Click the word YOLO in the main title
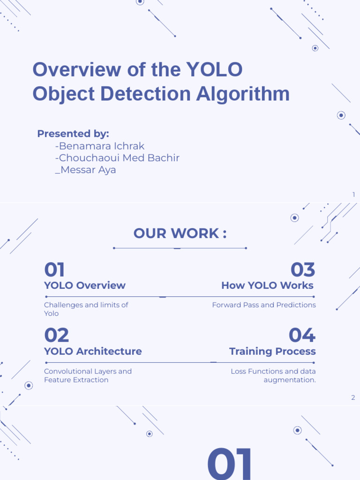tap(215, 70)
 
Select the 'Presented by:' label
tap(73, 134)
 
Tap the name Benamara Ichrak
tap(100, 146)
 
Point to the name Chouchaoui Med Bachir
tap(117, 158)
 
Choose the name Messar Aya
tap(85, 170)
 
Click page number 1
tap(353, 195)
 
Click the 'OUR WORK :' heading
tap(180, 233)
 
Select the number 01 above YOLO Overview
tap(54, 270)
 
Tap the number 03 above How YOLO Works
tap(303, 270)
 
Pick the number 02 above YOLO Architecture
tap(57, 336)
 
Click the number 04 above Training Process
tap(302, 336)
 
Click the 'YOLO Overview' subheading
tap(85, 285)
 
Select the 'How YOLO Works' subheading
tap(267, 285)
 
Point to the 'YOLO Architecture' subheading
tap(93, 352)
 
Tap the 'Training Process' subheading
tap(272, 352)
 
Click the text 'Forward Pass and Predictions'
tap(264, 305)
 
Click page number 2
tap(353, 398)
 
